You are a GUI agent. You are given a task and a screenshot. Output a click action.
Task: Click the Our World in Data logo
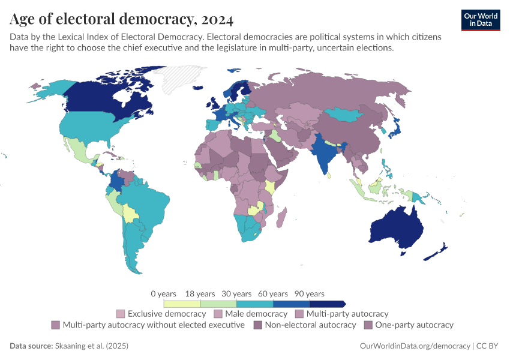coord(480,20)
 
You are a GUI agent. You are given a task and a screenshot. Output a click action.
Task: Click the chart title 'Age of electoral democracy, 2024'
coord(122,20)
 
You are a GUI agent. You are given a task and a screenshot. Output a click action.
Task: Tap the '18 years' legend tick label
coord(200,294)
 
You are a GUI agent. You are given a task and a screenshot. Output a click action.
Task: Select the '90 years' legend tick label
coord(310,294)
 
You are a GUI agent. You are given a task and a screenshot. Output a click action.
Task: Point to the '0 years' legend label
coord(164,294)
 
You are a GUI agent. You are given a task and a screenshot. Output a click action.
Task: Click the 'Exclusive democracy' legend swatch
coord(121,314)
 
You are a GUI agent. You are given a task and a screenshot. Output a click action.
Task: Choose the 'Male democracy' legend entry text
coord(256,314)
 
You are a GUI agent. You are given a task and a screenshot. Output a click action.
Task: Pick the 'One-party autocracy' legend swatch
coord(368,325)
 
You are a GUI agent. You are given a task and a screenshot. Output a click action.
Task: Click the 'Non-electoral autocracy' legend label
coord(310,325)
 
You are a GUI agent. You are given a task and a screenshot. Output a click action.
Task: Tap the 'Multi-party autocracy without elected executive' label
coord(154,325)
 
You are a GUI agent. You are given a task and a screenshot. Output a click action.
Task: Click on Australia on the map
coord(397,228)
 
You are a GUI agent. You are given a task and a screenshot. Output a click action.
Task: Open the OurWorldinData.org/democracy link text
coord(415,346)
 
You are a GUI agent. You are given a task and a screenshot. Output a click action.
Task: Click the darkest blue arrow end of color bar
coord(344,304)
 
